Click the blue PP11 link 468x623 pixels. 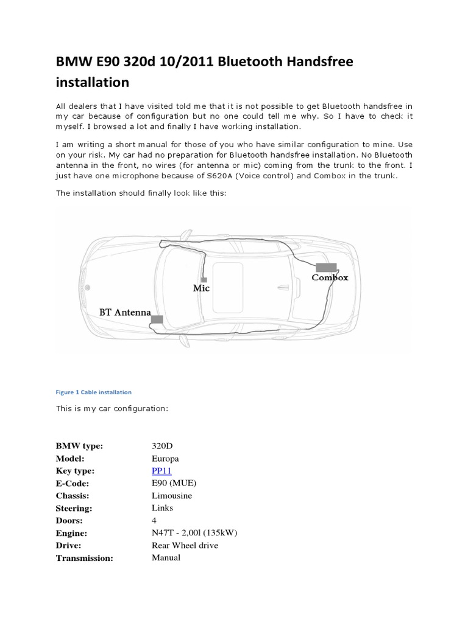pos(161,471)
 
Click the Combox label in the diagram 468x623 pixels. pos(330,277)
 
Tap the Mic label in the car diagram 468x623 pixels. pos(201,288)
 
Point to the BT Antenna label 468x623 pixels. pos(125,312)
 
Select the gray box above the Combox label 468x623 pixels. pos(327,266)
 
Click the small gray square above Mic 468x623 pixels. pos(204,279)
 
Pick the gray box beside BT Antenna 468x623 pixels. pos(157,319)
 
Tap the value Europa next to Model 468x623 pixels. pos(165,458)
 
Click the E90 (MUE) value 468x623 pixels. pos(174,483)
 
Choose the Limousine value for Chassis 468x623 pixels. pos(171,495)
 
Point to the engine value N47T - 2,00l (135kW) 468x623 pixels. pos(194,533)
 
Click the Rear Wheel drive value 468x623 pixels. pos(185,545)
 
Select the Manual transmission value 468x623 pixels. pos(166,557)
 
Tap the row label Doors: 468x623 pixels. pos(69,521)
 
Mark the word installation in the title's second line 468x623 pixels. pos(93,82)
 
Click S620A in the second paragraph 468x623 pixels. pos(260,176)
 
